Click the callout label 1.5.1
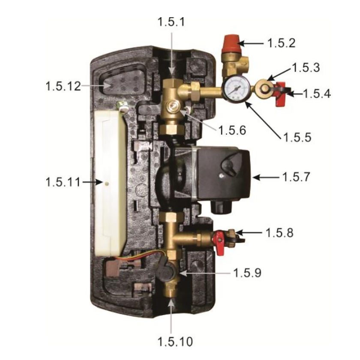171,22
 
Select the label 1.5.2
281,43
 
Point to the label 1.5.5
297,137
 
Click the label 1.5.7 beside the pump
296,177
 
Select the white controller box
110,183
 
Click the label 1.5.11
63,182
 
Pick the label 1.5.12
63,86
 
